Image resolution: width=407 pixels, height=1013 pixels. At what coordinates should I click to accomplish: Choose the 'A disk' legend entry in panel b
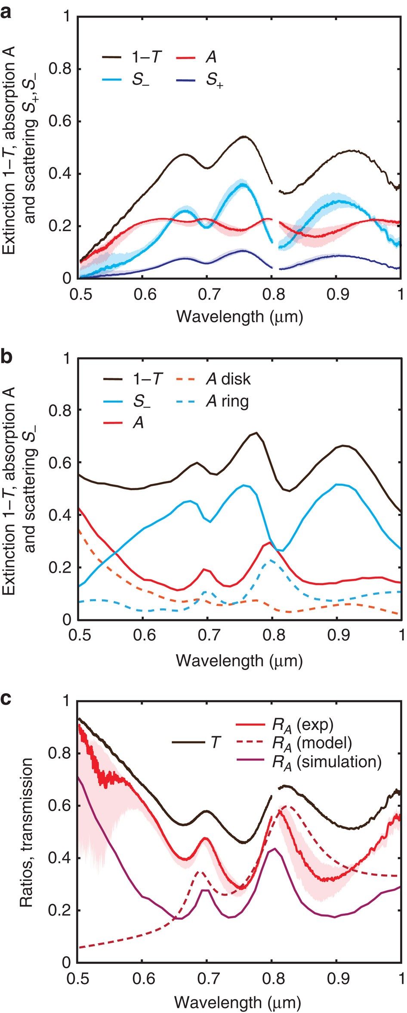pos(228,379)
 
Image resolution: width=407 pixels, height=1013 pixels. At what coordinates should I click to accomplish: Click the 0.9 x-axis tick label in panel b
pos(337,636)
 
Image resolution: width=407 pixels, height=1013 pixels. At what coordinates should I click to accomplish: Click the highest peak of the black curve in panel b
pos(256,432)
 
